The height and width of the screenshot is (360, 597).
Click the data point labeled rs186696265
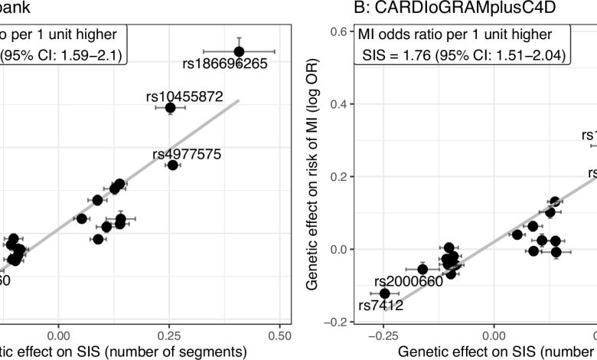point(239,51)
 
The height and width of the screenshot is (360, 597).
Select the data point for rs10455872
point(170,108)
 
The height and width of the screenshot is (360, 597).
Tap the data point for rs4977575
point(172,165)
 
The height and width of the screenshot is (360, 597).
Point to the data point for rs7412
point(384,293)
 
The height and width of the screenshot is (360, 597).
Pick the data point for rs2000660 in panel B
point(422,269)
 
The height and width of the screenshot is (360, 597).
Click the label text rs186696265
point(226,64)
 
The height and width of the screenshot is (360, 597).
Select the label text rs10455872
point(184,97)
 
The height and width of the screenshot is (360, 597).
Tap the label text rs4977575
point(187,154)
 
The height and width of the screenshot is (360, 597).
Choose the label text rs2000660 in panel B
point(409,282)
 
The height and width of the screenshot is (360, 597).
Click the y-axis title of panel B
point(314,176)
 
